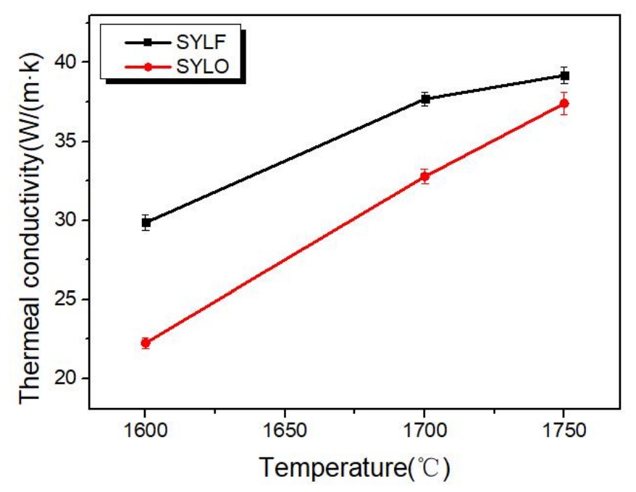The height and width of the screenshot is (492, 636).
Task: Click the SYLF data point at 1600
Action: (x=146, y=223)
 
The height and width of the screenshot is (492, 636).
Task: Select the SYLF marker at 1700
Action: (x=424, y=99)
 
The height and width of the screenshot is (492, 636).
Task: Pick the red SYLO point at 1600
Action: (x=146, y=343)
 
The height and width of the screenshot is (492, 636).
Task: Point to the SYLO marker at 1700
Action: (x=424, y=176)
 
